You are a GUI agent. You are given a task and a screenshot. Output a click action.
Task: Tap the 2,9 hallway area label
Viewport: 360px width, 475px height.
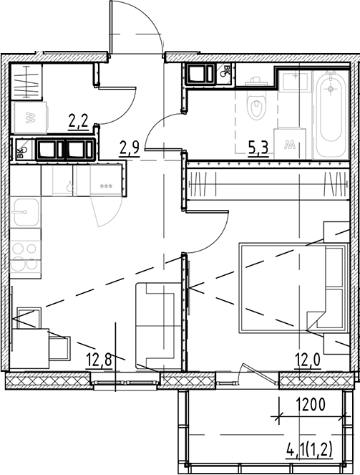point(129,148)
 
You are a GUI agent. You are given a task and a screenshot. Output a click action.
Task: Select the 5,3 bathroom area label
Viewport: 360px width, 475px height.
point(258,148)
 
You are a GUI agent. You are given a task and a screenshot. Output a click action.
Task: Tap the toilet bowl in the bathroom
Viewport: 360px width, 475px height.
point(255,107)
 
